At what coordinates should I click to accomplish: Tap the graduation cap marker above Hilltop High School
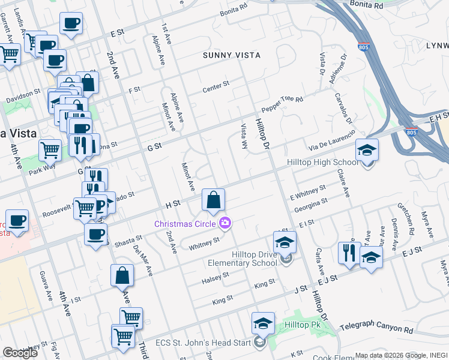point(367,151)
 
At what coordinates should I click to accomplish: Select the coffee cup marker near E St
point(71,25)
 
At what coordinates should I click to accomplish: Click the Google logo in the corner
point(20,353)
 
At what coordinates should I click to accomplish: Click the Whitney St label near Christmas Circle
point(203,243)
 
